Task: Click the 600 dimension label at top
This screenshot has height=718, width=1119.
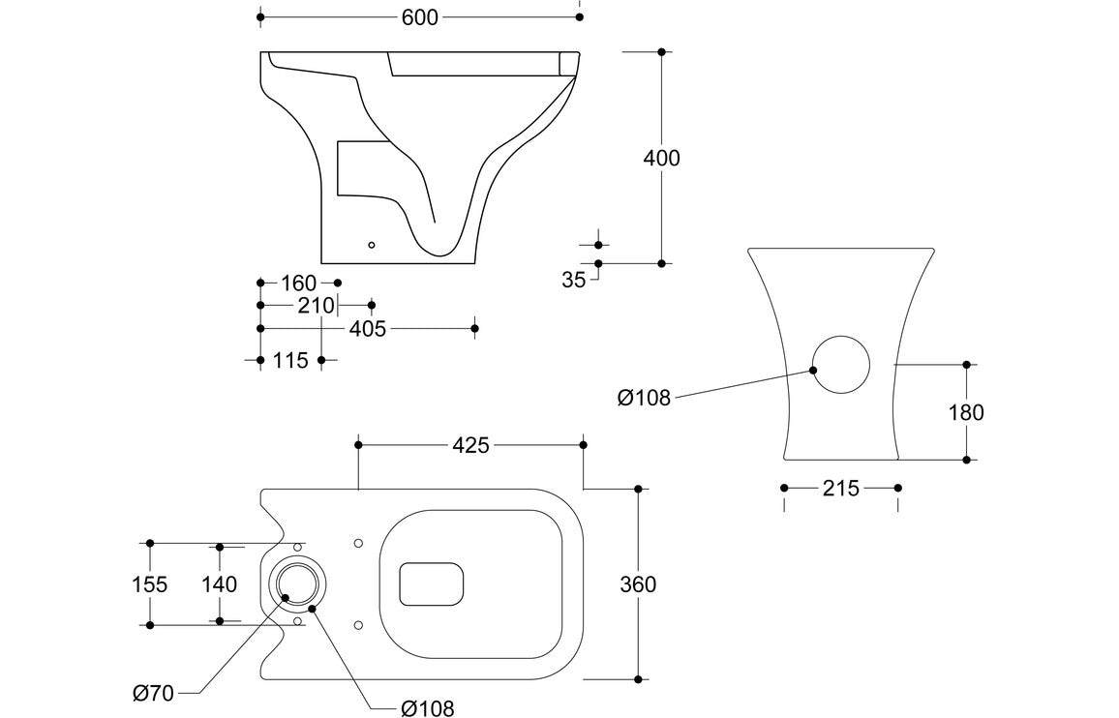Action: (419, 17)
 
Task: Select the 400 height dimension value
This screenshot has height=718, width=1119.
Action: (662, 158)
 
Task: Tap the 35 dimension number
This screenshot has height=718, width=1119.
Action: (574, 281)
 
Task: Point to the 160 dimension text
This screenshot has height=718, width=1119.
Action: (298, 284)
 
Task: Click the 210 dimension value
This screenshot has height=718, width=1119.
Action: (316, 306)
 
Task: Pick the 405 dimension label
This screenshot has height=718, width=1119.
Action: (367, 329)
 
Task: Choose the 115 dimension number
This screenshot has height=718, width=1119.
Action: (290, 360)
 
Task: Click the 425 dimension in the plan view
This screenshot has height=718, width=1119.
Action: (471, 445)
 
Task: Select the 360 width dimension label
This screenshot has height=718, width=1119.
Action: (638, 584)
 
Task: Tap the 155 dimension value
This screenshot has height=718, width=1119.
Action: (149, 584)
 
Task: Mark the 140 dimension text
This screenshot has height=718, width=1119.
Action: (220, 584)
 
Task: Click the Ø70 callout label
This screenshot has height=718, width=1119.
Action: (153, 693)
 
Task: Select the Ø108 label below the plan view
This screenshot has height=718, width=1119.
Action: (427, 708)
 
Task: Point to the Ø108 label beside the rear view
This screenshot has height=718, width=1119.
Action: (644, 398)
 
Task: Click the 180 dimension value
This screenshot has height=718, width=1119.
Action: (966, 413)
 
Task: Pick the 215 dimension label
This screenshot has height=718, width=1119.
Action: (840, 489)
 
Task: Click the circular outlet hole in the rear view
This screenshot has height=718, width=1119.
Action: (839, 365)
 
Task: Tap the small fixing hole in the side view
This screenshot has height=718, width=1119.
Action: (371, 246)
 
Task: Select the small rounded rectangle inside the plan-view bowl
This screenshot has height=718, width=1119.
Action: (432, 584)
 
